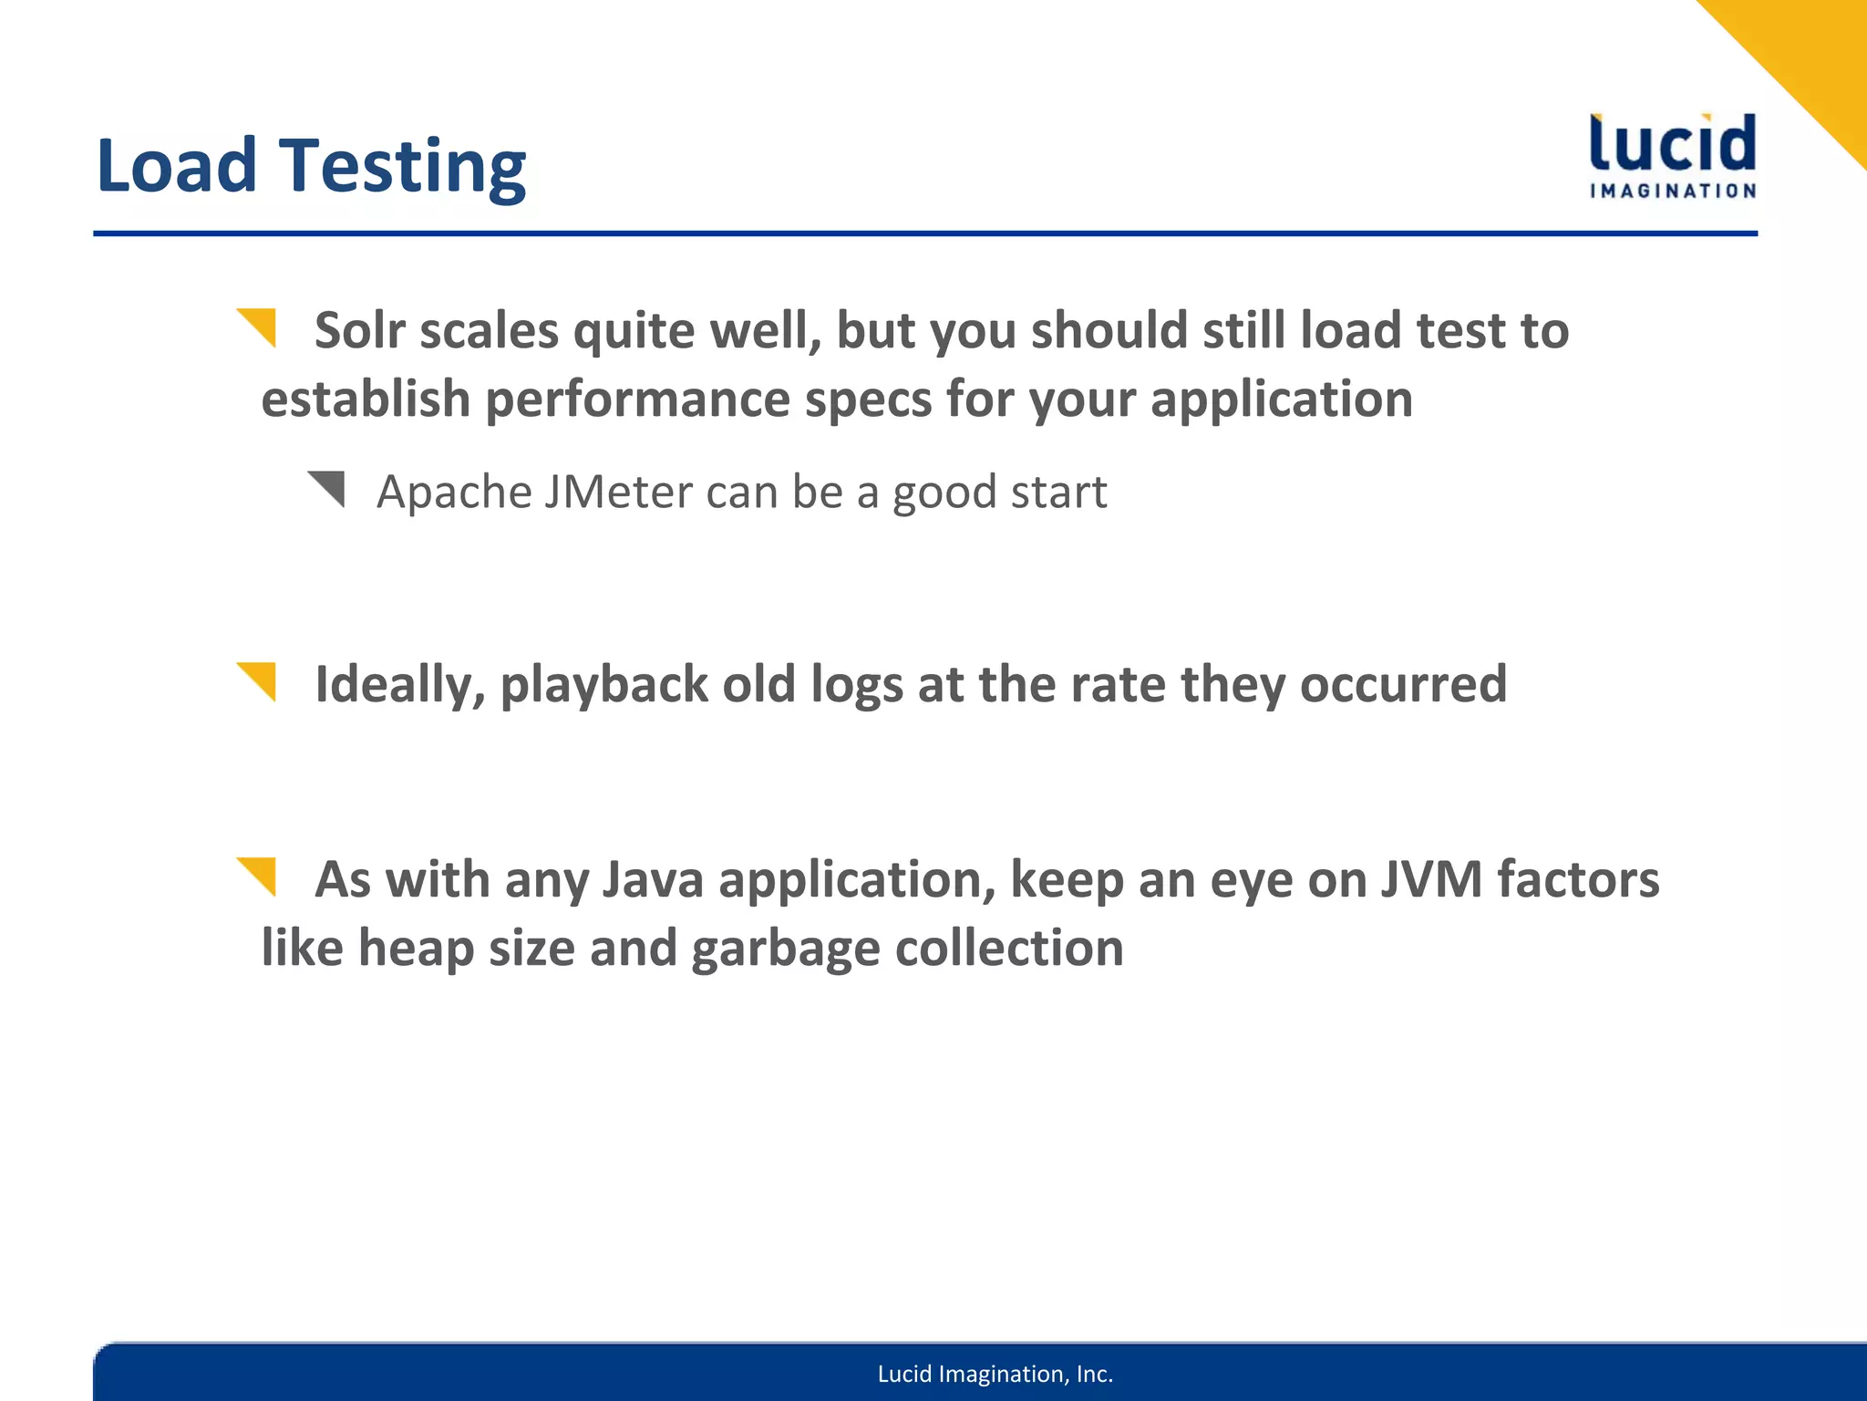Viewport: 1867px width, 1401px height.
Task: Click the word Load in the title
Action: [177, 166]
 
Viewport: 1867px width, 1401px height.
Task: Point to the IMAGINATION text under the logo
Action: [1673, 192]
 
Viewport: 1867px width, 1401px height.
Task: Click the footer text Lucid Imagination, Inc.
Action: [995, 1374]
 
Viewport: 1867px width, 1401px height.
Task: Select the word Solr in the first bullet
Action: [359, 330]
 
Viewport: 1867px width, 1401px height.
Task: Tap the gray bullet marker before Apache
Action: [327, 488]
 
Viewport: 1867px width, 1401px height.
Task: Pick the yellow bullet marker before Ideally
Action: [258, 680]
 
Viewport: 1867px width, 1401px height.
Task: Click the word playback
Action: [603, 685]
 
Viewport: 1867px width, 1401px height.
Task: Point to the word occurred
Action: [1403, 685]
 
